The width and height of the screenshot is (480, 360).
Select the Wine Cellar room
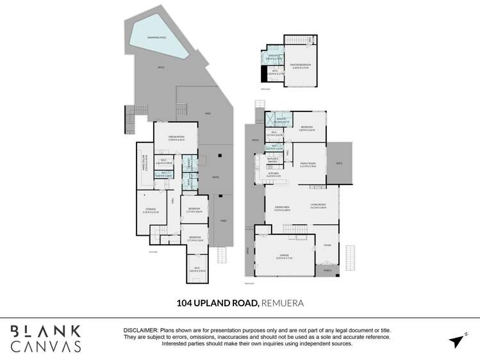(145, 167)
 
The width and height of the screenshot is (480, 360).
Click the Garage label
(285, 257)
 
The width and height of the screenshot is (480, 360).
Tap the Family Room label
(309, 165)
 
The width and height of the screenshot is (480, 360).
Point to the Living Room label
(319, 206)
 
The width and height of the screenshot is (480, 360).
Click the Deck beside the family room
(339, 163)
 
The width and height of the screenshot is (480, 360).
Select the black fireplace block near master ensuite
(263, 74)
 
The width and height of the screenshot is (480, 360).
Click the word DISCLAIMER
(140, 330)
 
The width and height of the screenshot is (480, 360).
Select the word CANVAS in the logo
(46, 347)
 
